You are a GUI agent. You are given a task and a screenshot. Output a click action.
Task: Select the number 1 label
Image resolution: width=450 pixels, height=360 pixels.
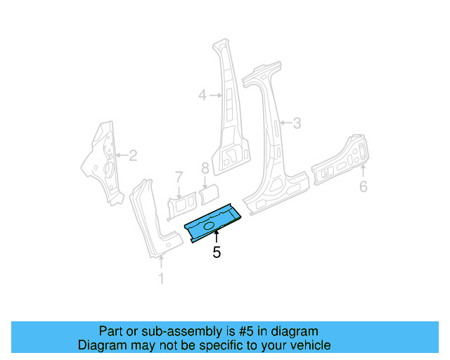(161, 279)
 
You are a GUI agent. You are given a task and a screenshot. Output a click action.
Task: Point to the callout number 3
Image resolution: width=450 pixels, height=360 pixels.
(297, 124)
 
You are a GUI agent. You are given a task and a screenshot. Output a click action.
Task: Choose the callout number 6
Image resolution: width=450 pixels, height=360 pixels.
(363, 186)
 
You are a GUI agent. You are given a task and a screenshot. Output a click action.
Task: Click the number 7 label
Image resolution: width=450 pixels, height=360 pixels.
(179, 175)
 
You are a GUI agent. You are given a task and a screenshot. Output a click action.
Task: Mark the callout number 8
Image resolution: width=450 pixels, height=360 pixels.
(205, 168)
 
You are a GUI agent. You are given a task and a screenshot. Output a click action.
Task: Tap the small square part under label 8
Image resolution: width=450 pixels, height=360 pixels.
(209, 191)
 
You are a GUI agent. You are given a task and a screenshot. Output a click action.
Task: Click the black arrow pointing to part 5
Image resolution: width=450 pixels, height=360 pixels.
(217, 239)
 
